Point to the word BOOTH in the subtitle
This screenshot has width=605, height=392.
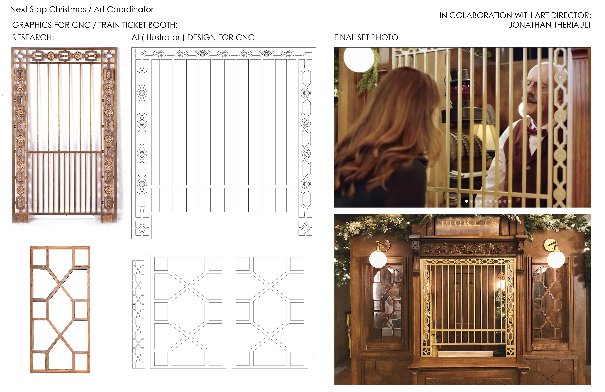(162, 25)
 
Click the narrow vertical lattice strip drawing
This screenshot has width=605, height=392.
(138, 314)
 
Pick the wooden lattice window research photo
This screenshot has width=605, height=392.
(60, 309)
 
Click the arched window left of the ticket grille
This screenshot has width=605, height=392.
(387, 303)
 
